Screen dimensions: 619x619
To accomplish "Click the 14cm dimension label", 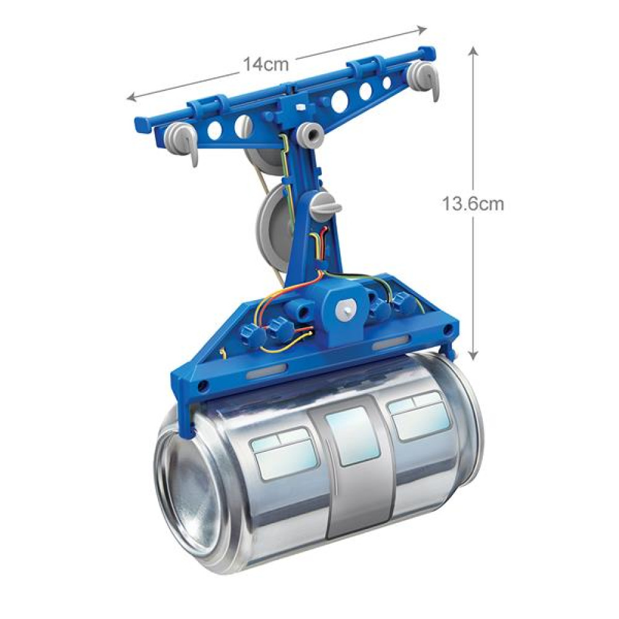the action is pos(266,64).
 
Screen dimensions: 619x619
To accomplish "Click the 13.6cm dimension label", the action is pos(472,204).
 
